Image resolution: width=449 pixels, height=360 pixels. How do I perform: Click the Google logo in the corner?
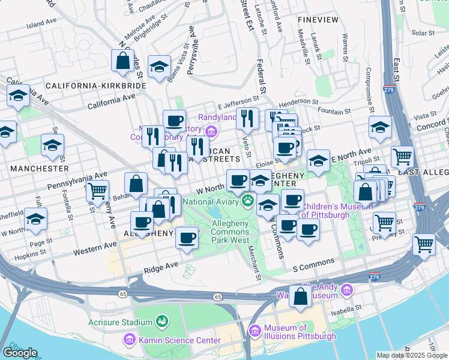pyautogui.click(x=20, y=353)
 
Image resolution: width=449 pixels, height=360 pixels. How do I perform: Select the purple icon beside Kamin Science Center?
pyautogui.click(x=129, y=340)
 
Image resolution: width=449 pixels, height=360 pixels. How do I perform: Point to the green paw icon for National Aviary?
pyautogui.click(x=247, y=200)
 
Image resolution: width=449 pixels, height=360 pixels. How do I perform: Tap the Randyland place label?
pyautogui.click(x=218, y=117)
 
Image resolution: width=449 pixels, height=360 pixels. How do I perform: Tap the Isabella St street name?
pyautogui.click(x=345, y=311)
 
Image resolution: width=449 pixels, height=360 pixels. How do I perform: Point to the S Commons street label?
pyautogui.click(x=313, y=263)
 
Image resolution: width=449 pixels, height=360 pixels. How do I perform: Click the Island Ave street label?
pyautogui.click(x=41, y=25)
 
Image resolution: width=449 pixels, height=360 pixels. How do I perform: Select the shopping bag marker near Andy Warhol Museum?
pyautogui.click(x=300, y=296)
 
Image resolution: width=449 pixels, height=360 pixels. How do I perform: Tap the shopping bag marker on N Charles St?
pyautogui.click(x=122, y=61)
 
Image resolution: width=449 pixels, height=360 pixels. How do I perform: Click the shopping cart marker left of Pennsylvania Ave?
pyautogui.click(x=97, y=191)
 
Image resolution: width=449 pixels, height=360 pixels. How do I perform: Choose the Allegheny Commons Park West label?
pyautogui.click(x=231, y=232)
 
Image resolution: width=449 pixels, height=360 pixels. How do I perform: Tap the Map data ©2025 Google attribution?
pyautogui.click(x=412, y=355)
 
